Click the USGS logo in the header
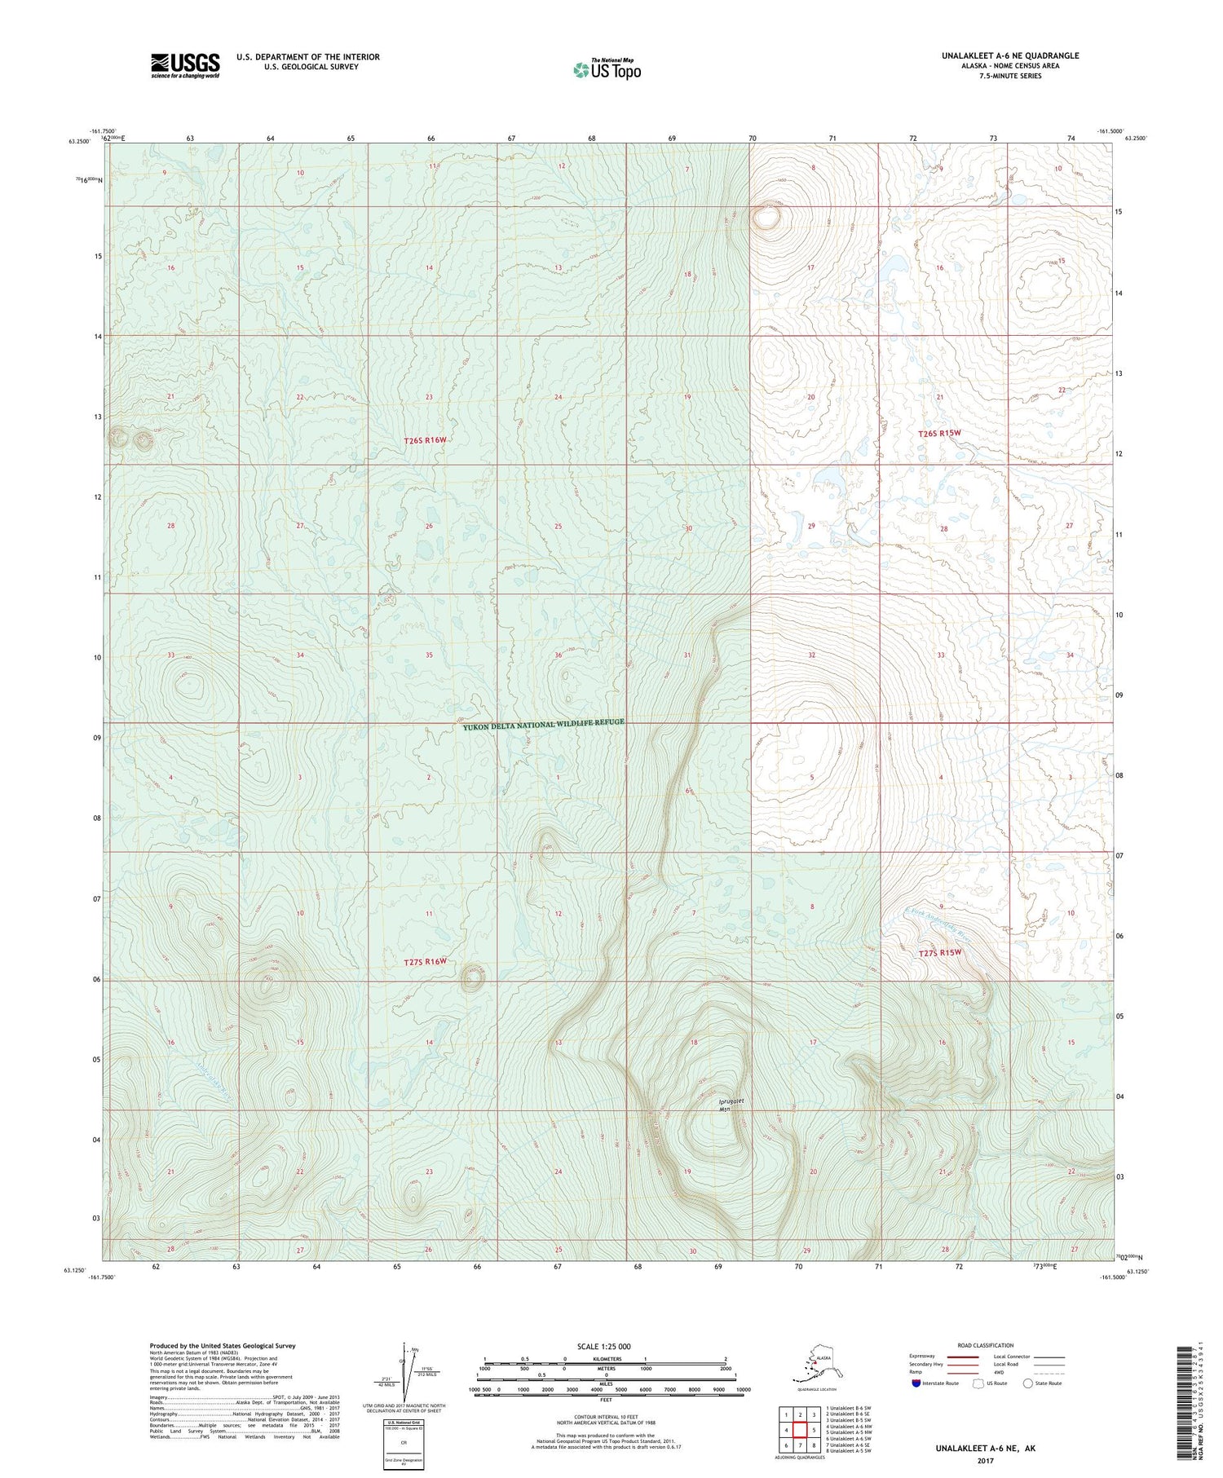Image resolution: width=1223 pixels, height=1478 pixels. click(185, 65)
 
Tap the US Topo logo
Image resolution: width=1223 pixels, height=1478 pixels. click(607, 69)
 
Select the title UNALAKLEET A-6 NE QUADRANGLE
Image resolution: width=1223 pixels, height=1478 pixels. click(1010, 55)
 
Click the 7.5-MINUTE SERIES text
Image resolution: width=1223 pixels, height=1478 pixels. click(1010, 76)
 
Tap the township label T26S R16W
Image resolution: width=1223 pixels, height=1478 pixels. click(426, 440)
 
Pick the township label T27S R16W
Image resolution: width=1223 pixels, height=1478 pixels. click(426, 962)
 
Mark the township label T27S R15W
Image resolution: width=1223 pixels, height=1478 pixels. click(940, 952)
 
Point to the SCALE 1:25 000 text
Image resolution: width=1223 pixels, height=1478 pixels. click(603, 1347)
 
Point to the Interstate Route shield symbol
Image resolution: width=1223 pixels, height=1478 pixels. click(916, 1383)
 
